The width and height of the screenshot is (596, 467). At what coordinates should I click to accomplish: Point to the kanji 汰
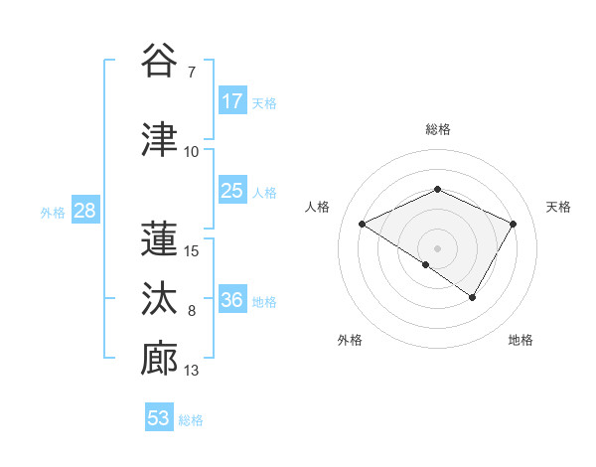159,297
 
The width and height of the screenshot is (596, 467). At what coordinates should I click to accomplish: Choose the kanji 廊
159,358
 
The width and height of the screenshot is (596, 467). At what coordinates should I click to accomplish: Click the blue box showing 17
231,101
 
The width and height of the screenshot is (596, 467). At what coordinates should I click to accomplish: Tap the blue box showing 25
231,191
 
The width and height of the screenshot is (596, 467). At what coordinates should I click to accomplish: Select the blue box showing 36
232,301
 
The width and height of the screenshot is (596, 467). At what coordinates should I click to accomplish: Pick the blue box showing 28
84,212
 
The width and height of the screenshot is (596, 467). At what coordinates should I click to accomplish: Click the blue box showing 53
159,418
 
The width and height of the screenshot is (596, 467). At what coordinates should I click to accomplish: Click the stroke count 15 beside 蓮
192,250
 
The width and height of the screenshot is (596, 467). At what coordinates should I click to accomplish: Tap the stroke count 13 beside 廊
192,372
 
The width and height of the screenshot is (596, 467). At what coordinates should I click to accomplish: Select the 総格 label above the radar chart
437,129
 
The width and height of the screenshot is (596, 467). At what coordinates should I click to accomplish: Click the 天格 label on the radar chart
559,207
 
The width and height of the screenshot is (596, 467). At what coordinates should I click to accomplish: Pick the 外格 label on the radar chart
350,341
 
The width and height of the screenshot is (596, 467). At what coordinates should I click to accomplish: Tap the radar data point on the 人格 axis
363,225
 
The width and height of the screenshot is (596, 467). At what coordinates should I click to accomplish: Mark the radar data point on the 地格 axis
473,297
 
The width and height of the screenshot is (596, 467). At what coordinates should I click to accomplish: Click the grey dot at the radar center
437,247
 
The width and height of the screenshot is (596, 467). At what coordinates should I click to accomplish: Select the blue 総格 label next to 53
192,420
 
